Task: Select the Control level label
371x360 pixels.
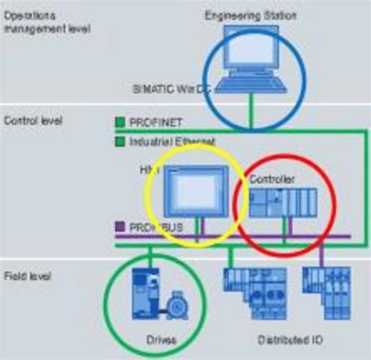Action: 33,121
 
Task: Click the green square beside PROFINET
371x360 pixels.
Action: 119,122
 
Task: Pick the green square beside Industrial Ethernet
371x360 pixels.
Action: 119,142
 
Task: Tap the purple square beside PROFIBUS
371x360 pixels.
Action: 119,227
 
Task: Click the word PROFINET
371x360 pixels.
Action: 150,123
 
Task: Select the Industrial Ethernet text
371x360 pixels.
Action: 165,142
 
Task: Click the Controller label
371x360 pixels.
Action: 272,179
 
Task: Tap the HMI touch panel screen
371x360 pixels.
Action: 196,189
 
